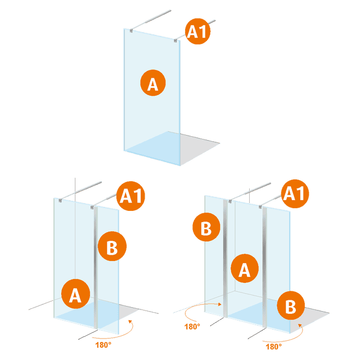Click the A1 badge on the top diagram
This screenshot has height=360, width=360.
(199, 32)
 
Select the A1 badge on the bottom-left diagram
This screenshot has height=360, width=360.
(132, 197)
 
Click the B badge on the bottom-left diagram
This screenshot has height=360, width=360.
(112, 246)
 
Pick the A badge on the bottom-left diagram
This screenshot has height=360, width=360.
(76, 294)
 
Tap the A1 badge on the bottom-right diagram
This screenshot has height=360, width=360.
(296, 194)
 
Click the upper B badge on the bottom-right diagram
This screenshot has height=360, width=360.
(206, 229)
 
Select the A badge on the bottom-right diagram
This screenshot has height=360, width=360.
(244, 269)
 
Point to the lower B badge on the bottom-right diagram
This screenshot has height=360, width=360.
(291, 307)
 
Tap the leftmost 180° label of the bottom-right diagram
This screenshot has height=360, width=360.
(193, 326)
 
